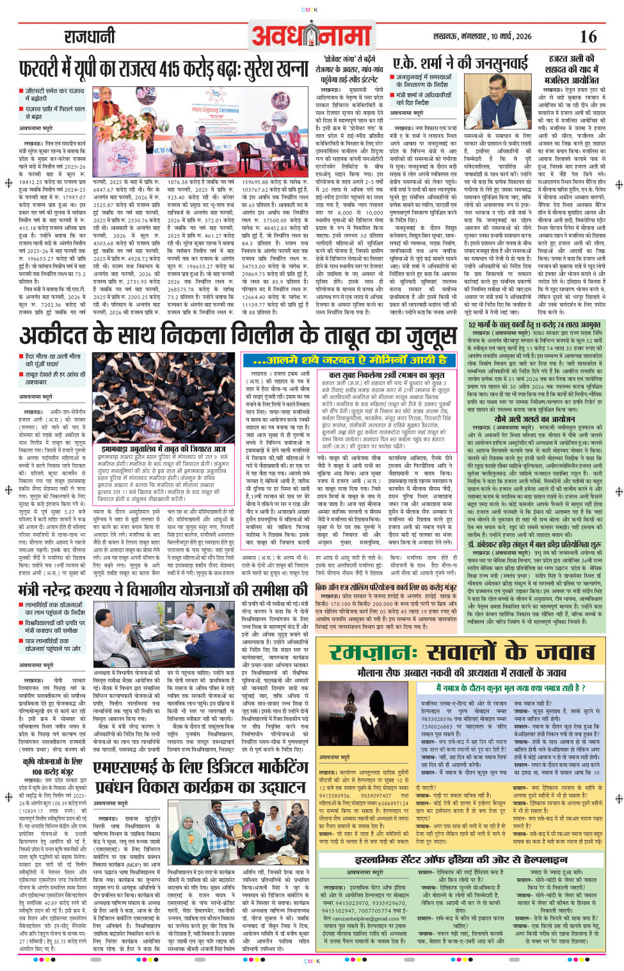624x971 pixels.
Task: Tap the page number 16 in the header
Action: (588, 36)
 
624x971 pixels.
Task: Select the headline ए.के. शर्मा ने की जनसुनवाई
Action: (460, 63)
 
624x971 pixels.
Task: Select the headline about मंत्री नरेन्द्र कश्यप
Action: (163, 589)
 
